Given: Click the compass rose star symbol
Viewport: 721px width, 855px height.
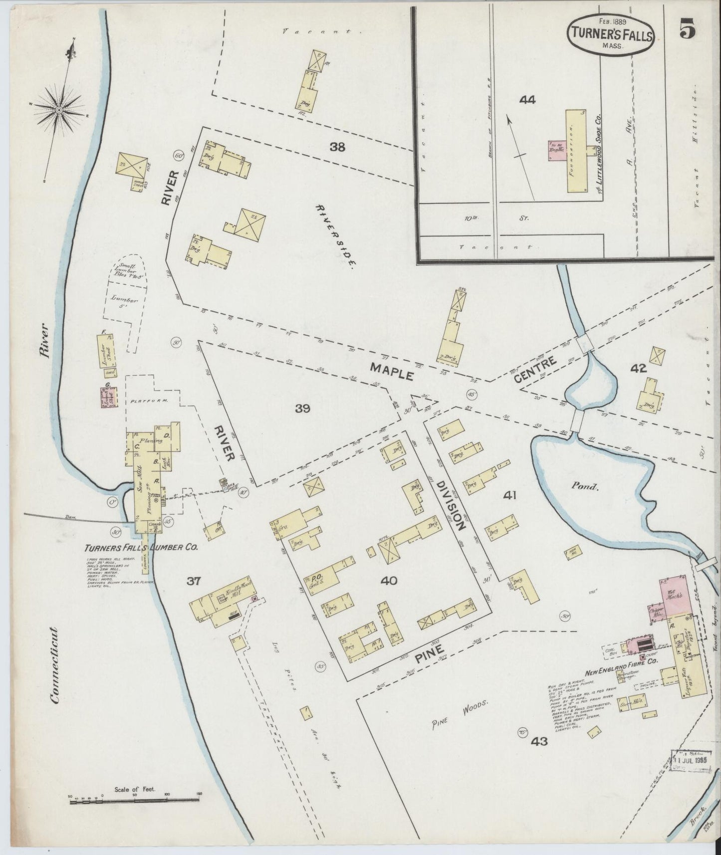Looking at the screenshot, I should pyautogui.click(x=59, y=109).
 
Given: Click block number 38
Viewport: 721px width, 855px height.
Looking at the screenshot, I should pyautogui.click(x=337, y=147).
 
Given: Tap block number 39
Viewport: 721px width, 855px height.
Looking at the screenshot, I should pyautogui.click(x=302, y=409).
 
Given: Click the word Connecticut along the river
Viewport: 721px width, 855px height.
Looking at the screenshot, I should pyautogui.click(x=54, y=656).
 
